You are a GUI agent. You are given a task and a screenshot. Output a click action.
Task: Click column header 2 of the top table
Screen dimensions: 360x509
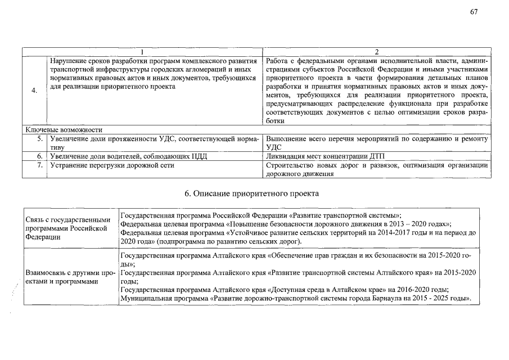tap(376, 52)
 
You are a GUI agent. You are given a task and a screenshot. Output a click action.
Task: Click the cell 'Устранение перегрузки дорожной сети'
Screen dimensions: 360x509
tap(112, 165)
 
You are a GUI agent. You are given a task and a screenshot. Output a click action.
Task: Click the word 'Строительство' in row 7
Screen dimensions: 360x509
tap(289, 165)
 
